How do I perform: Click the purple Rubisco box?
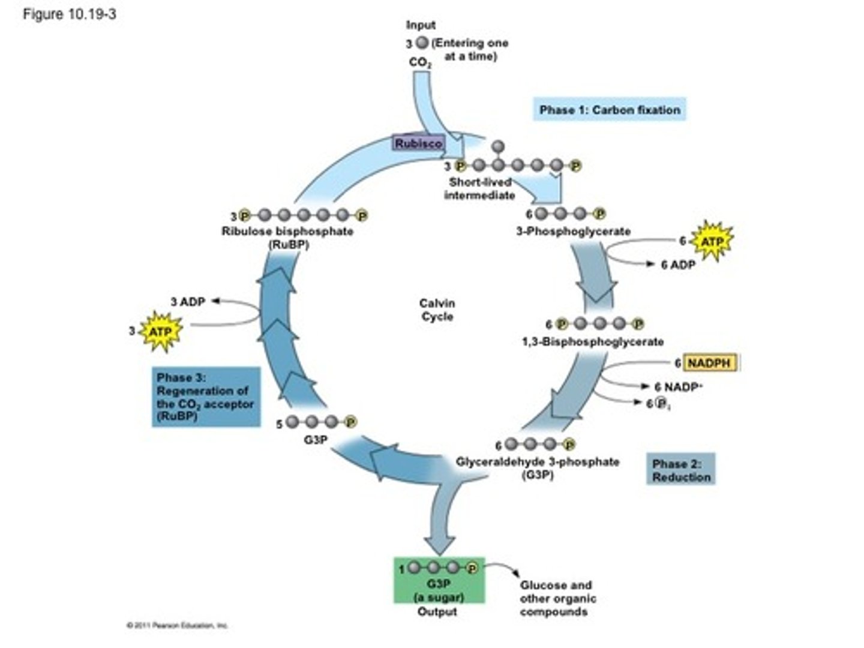[x=418, y=143]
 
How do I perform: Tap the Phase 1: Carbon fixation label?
[x=609, y=110]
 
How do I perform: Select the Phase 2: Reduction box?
[x=681, y=470]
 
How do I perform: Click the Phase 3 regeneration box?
[x=206, y=397]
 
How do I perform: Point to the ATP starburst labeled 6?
[x=712, y=241]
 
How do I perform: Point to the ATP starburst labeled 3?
[x=160, y=331]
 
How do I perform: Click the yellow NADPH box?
[x=709, y=363]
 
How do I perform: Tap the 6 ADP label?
[x=677, y=265]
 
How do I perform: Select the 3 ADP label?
[x=187, y=302]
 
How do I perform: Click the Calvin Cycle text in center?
[x=437, y=310]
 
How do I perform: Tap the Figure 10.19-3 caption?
[x=69, y=14]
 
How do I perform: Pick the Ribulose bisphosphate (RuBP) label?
[x=287, y=237]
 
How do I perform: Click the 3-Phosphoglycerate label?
[x=573, y=231]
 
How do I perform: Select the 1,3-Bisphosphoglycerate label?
[x=593, y=341]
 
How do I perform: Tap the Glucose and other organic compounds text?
[x=557, y=598]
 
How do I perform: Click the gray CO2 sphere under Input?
[x=422, y=43]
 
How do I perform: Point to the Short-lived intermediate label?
[x=479, y=188]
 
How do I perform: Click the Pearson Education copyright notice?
[x=177, y=625]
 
